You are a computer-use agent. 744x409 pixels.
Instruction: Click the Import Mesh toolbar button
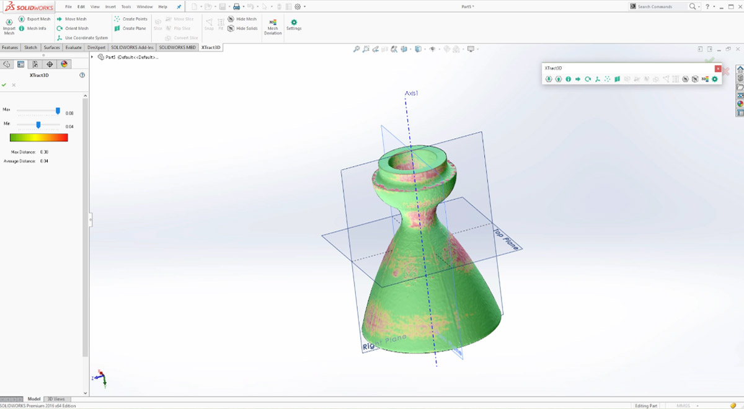point(9,25)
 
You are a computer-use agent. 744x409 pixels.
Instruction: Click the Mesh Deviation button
point(273,25)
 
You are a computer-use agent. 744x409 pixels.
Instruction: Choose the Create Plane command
point(131,29)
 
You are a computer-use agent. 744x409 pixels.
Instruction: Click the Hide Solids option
point(243,29)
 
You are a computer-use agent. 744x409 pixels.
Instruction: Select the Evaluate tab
point(73,48)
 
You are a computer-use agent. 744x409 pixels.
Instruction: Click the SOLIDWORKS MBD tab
point(177,48)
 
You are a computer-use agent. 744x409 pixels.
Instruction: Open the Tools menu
point(126,7)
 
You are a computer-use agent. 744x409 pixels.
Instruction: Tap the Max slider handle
point(58,112)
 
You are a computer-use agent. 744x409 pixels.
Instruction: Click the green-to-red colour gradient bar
point(39,138)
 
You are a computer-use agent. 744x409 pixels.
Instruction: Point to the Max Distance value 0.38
point(44,152)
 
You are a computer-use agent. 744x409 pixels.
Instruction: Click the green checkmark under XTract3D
point(4,85)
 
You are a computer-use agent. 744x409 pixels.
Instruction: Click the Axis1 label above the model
point(412,94)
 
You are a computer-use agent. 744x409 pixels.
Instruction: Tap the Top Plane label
point(505,240)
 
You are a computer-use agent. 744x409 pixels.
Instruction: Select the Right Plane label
point(384,343)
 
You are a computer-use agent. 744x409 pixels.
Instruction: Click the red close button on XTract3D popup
point(718,69)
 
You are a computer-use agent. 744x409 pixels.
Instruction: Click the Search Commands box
point(662,7)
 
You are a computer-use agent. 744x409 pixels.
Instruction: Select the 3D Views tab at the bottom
point(56,399)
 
